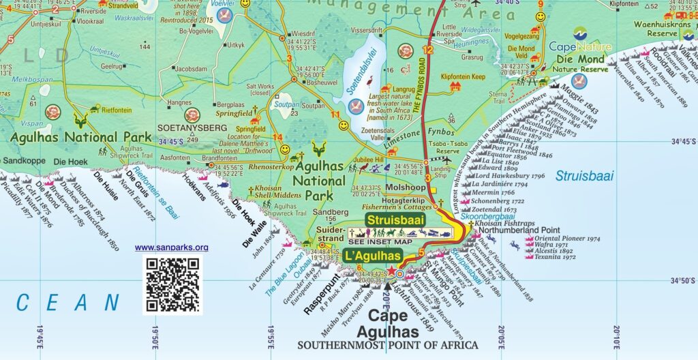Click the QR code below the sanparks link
tap(172, 283)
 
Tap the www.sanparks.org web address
tap(172, 247)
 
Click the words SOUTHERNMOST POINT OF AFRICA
tap(387, 345)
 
